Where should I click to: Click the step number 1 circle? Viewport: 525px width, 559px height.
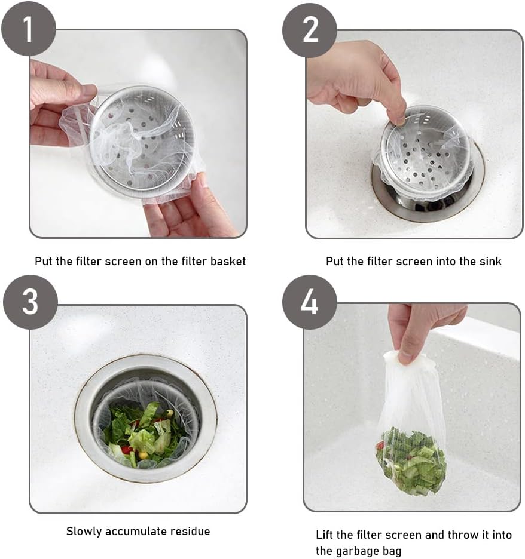click(x=28, y=29)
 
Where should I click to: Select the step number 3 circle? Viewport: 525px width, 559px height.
click(x=30, y=302)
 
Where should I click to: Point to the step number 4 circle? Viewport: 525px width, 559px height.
click(x=310, y=302)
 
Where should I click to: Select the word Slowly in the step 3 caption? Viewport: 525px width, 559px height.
click(x=83, y=531)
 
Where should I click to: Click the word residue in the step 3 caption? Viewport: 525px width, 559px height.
click(x=191, y=531)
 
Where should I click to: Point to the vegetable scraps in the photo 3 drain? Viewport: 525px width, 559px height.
click(x=144, y=433)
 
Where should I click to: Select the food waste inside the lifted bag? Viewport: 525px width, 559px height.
click(x=411, y=460)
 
